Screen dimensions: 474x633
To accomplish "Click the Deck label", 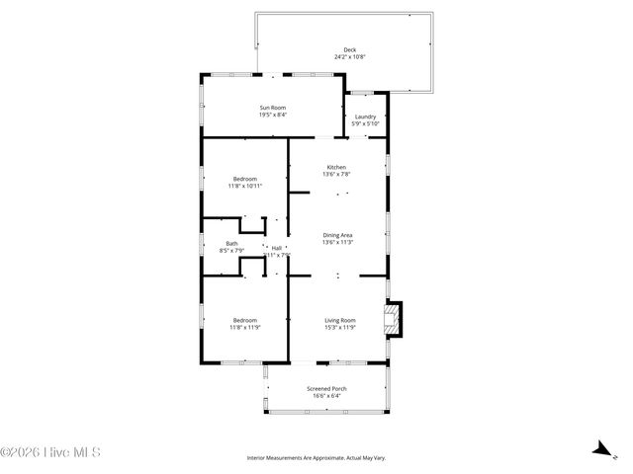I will pos(349,50).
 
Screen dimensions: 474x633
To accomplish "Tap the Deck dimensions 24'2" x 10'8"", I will pos(349,57).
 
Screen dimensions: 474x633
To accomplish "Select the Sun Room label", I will pos(273,108).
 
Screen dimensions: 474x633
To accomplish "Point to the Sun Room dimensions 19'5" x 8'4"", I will pos(273,115).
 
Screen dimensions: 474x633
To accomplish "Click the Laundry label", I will pos(365,117).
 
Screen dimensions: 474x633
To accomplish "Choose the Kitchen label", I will pos(337,167).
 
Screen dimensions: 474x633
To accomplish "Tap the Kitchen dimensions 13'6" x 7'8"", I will pos(337,174).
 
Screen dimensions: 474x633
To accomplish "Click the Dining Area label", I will pos(337,235).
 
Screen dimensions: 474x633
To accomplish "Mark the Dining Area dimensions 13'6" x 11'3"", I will pos(337,242).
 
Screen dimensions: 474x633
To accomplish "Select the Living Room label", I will pos(340,320).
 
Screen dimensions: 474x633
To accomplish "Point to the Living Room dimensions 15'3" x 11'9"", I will pos(340,327).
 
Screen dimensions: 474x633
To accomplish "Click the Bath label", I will pos(231,243).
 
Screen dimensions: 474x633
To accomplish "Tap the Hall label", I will pos(277,247).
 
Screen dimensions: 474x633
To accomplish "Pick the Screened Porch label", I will pos(325,389).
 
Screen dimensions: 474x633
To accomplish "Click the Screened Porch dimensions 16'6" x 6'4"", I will pos(325,396).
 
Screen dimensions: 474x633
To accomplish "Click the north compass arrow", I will pos(599,450).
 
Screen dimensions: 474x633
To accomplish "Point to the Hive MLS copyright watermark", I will pos(51,453).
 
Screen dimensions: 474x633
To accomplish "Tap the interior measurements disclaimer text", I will pos(316,458).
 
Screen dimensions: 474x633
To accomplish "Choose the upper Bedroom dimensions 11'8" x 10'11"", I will pos(244,186).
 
